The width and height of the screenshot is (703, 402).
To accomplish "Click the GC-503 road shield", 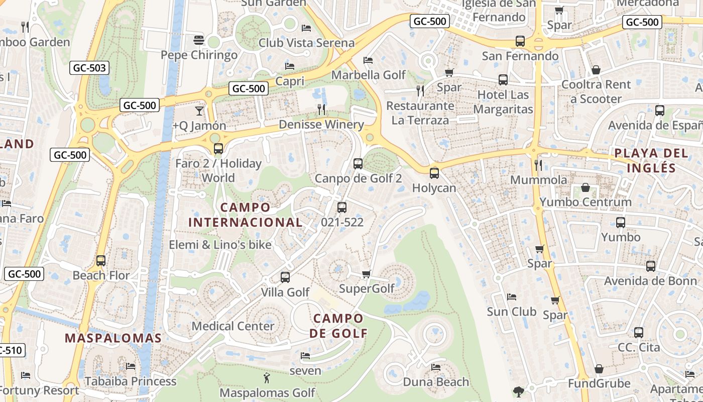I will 89,68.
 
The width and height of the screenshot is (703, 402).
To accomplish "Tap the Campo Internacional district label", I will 246,215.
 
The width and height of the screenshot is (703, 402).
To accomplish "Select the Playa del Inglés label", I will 651,160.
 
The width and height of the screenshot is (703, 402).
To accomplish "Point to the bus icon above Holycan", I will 434,173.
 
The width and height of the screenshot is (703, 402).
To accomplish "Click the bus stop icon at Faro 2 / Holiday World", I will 218,148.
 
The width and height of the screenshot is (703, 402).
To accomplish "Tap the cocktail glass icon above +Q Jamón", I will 199,111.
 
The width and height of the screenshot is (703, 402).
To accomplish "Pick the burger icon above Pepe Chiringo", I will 199,40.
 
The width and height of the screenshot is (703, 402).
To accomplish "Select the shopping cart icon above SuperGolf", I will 367,274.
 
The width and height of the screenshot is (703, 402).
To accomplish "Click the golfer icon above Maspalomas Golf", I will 267,377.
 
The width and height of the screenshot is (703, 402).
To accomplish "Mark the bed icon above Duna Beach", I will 436,367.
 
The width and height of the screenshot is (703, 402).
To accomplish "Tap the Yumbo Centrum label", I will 585,202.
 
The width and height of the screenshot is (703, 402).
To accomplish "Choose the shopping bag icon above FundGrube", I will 599,369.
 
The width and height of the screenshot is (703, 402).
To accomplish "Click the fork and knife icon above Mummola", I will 538,165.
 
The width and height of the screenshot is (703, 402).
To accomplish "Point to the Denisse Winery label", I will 321,124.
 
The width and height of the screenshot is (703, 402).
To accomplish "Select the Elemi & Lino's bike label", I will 220,245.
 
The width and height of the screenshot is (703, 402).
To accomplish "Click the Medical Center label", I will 233,326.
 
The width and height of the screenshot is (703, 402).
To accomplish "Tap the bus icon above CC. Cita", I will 638,332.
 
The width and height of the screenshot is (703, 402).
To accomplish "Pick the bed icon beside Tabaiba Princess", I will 131,366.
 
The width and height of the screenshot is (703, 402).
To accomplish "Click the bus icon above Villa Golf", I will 285,277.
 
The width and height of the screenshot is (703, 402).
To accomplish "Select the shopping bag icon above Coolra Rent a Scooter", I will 596,70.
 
